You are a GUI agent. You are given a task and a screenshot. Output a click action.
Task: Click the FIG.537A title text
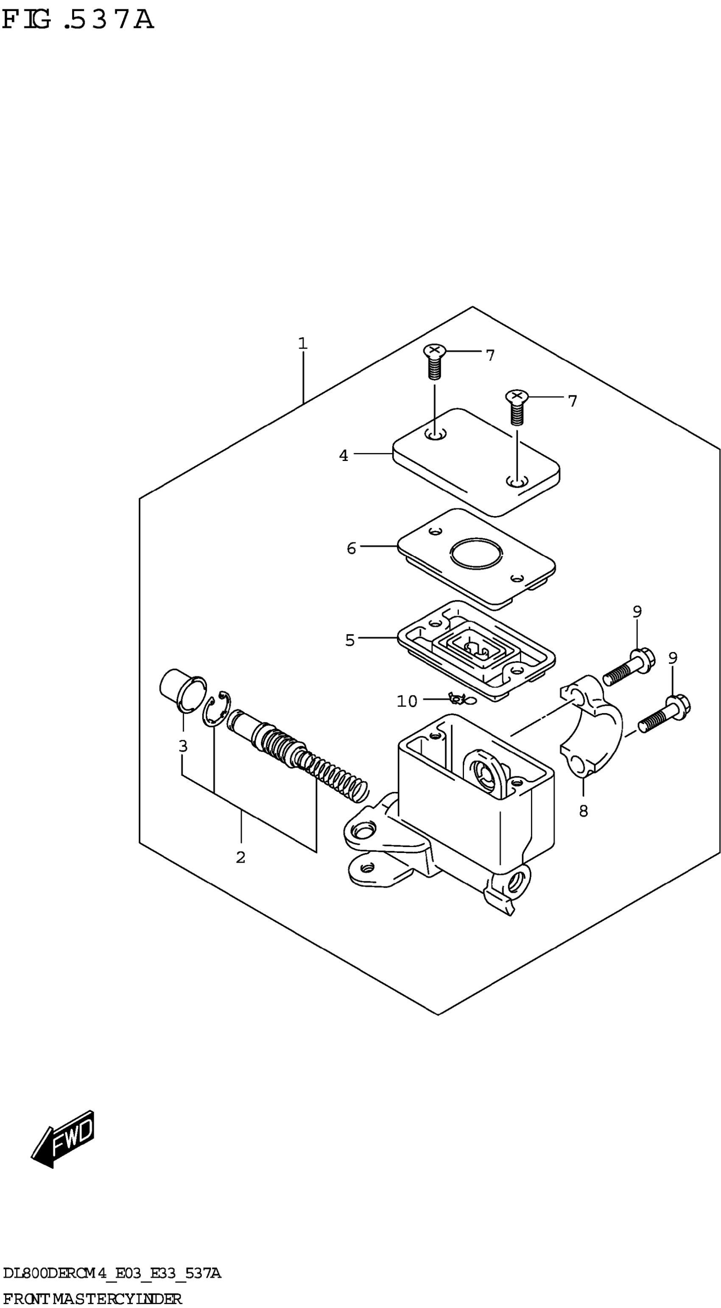[77, 20]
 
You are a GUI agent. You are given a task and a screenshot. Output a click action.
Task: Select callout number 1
[303, 344]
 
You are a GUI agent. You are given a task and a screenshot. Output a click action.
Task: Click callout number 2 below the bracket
[241, 857]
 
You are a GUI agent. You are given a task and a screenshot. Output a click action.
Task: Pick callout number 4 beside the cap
[344, 455]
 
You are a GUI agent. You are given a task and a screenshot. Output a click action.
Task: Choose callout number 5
[349, 640]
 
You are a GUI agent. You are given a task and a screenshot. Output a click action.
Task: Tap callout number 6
[351, 548]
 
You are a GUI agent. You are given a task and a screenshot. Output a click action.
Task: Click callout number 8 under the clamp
[583, 811]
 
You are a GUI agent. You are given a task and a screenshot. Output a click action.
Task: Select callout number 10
[406, 701]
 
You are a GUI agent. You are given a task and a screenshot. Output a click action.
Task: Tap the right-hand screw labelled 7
[517, 407]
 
